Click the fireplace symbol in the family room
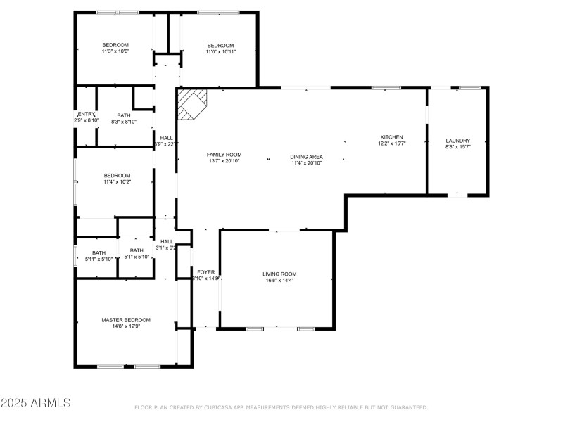pyautogui.click(x=191, y=103)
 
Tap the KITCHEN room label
pyautogui.click(x=391, y=137)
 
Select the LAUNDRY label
pyautogui.click(x=457, y=141)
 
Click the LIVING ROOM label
pyautogui.click(x=279, y=274)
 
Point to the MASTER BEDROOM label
pyautogui.click(x=126, y=320)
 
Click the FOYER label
pyautogui.click(x=206, y=271)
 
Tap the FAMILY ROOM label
pyautogui.click(x=224, y=155)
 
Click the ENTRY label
pyautogui.click(x=86, y=115)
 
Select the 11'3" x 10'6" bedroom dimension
pyautogui.click(x=115, y=51)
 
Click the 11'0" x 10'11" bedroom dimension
pyautogui.click(x=220, y=51)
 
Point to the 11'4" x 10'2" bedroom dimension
pyautogui.click(x=118, y=182)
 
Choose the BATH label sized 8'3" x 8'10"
pyautogui.click(x=124, y=122)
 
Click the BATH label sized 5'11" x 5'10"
pyautogui.click(x=99, y=258)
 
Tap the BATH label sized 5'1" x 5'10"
pyautogui.click(x=137, y=257)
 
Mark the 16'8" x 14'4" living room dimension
pyautogui.click(x=279, y=281)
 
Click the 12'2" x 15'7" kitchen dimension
pyautogui.click(x=391, y=143)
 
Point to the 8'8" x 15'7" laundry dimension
pyautogui.click(x=457, y=147)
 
